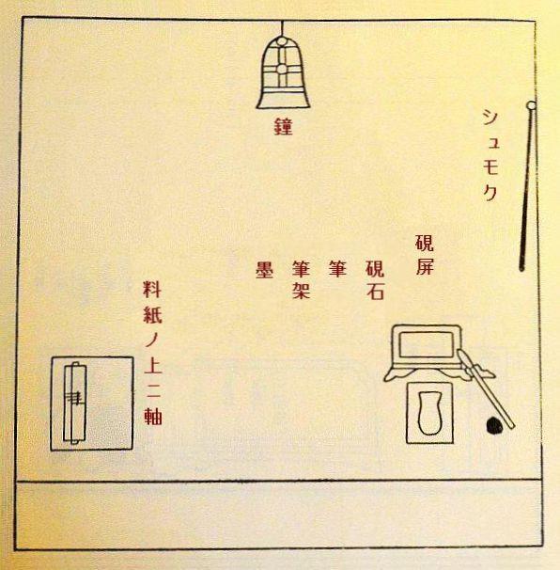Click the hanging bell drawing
283,72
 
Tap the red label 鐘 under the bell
283,126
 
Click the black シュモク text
490,155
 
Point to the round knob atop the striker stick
531,105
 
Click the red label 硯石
375,280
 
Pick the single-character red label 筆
337,269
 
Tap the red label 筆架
301,280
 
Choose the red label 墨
264,269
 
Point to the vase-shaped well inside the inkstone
429,413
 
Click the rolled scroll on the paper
75,404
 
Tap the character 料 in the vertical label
152,290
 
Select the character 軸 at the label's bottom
153,416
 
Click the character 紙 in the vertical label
152,314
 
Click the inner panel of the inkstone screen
427,344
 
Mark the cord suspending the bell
283,27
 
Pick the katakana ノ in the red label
152,340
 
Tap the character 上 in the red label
152,365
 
